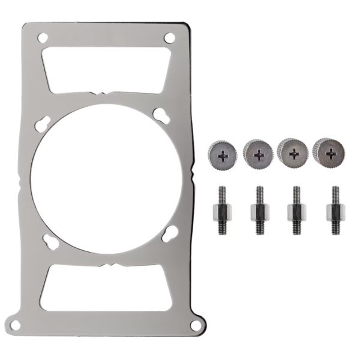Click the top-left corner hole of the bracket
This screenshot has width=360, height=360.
41,38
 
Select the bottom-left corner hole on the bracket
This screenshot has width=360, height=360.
17,325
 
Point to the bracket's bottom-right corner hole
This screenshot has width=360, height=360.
194,325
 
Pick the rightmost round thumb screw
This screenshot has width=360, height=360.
329,154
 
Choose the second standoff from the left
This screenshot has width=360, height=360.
259,211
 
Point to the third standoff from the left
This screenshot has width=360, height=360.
296,211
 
